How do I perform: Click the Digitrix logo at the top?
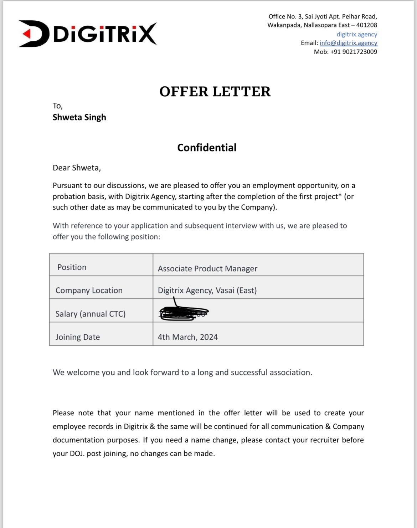[x=88, y=34]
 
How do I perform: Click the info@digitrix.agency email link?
[x=348, y=43]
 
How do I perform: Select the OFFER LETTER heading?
[x=215, y=92]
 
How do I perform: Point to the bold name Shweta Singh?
[x=79, y=117]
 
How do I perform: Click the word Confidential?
[x=207, y=148]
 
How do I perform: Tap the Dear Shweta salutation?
[x=77, y=168]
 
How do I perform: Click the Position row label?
[x=72, y=267]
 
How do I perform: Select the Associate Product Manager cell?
[x=207, y=268]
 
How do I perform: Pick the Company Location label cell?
[x=89, y=290]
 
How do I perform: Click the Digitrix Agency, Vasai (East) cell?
[x=207, y=290]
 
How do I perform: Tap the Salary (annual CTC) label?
[x=90, y=314]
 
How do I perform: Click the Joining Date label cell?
[x=77, y=337]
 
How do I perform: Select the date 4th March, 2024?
[x=187, y=337]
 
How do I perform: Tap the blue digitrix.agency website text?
[x=357, y=34]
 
